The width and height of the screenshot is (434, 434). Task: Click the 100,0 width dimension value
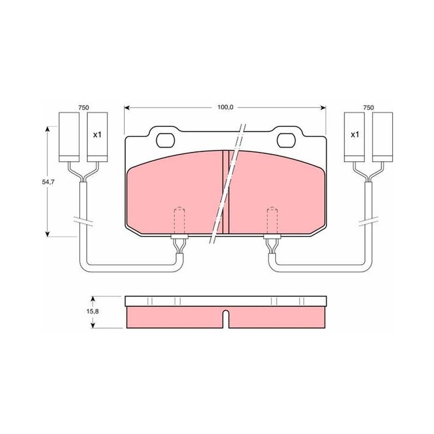pos(225,107)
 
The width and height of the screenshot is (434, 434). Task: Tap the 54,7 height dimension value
pos(48,182)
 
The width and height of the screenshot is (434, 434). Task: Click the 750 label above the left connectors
pos(84,107)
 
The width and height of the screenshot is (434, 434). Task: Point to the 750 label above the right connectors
pos(368,107)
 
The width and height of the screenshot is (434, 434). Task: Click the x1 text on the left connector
pos(97,135)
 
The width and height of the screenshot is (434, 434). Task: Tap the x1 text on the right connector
pos(355,135)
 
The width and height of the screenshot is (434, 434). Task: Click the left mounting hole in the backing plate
pos(165,140)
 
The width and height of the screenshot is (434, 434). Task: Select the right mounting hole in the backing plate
pos(286,140)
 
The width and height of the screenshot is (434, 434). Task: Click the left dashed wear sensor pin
pos(180,221)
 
